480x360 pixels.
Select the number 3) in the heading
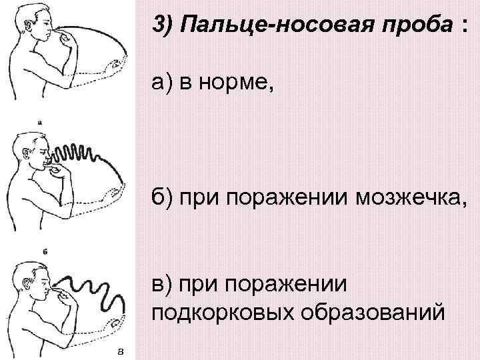coord(165,26)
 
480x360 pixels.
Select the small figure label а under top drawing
coord(42,122)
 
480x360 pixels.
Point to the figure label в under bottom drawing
coord(119,351)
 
